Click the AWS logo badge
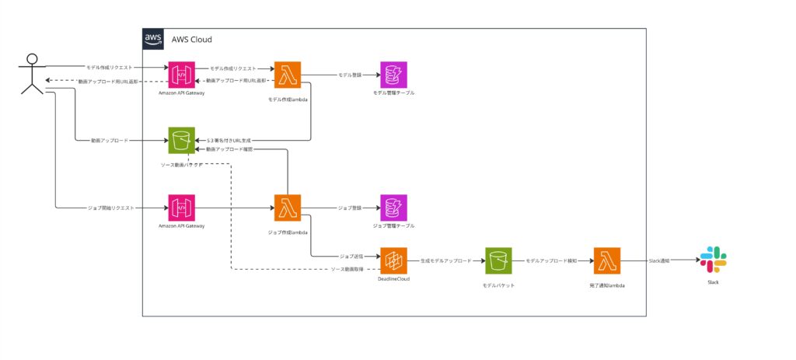152,39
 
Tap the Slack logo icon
713,260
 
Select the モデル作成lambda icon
288,75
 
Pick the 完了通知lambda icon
606,261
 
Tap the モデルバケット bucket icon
497,261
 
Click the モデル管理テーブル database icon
393,75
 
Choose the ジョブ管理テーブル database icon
393,208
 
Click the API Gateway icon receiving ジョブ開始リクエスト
181,208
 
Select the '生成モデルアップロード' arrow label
445,261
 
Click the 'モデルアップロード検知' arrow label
551,261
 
